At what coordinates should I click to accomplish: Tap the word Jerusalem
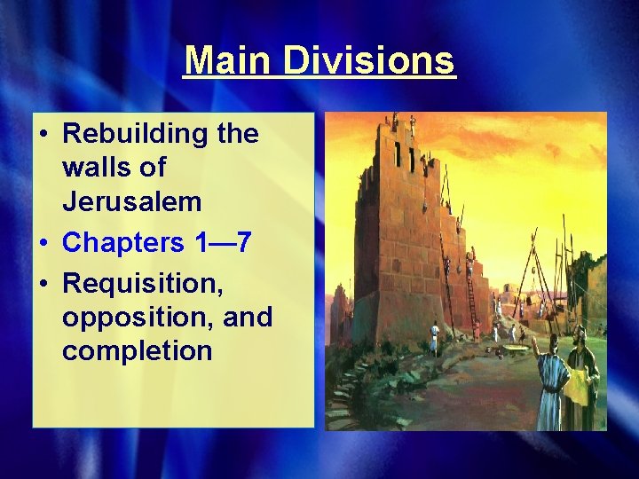pyautogui.click(x=131, y=202)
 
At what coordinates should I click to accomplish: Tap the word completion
pyautogui.click(x=137, y=351)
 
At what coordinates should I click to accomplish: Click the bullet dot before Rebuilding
pyautogui.click(x=43, y=135)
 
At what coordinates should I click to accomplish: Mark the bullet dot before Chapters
pyautogui.click(x=43, y=242)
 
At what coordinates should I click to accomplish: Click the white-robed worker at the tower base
pyautogui.click(x=435, y=338)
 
